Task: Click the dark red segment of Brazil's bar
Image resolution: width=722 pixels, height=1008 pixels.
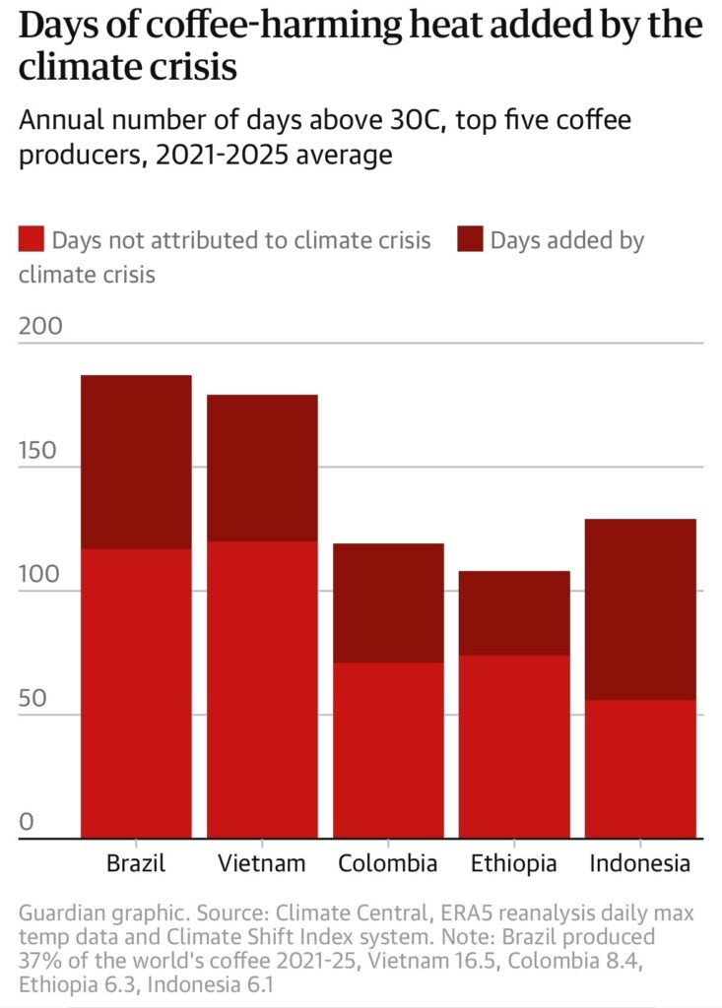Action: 136,462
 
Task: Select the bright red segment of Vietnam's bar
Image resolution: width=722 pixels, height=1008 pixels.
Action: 262,689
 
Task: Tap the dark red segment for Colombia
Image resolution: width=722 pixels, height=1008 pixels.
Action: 388,602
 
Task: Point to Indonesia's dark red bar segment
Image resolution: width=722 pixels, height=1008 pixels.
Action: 640,609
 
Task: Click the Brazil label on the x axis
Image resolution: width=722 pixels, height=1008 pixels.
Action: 136,863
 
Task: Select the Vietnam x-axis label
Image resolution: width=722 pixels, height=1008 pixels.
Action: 262,863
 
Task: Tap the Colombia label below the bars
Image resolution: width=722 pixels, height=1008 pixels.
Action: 388,863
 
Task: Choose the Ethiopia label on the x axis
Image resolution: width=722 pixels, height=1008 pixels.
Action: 514,863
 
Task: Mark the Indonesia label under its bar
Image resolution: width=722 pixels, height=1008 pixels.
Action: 640,863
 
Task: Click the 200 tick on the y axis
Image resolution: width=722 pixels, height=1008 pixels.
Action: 40,326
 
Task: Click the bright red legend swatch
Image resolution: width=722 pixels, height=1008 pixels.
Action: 32,240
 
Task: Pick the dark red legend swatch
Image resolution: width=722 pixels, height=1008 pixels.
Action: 471,240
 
